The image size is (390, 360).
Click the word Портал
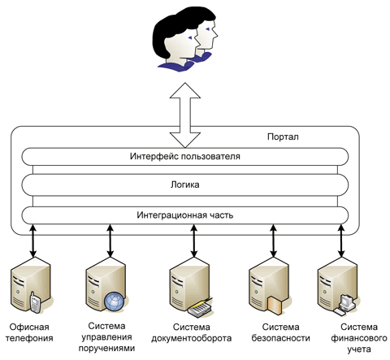[x=283, y=137]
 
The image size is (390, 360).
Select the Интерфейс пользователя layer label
[x=185, y=157]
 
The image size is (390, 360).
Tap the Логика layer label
[x=185, y=184]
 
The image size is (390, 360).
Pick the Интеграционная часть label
[x=185, y=215]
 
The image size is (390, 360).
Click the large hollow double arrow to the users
[x=185, y=115]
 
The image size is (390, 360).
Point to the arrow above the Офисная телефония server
[x=32, y=241]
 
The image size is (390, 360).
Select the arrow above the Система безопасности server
[x=273, y=241]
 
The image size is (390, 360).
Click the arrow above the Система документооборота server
[x=193, y=241]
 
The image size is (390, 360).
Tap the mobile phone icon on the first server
[x=35, y=302]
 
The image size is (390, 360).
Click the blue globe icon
[x=115, y=301]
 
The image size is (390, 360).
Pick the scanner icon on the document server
[x=200, y=307]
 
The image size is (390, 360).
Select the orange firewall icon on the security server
[x=274, y=306]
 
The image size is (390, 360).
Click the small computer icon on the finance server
[x=344, y=305]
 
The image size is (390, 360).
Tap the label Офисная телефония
[x=29, y=332]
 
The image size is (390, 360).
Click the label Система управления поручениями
[x=106, y=337]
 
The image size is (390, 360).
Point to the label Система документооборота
[x=191, y=332]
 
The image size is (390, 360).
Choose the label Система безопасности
[x=280, y=332]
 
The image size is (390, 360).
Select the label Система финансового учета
[x=359, y=338]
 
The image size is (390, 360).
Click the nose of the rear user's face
[x=215, y=34]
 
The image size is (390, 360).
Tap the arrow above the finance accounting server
[x=341, y=241]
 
